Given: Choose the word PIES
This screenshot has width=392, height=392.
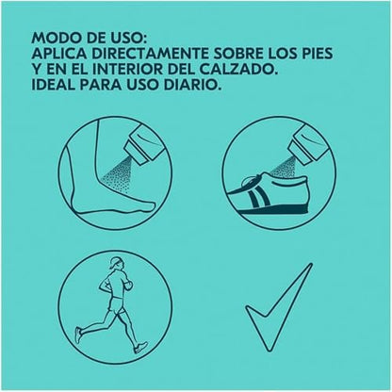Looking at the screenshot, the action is (316, 54).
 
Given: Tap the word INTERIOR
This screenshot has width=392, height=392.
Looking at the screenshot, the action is (127, 70).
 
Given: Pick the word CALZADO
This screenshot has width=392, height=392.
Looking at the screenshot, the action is (242, 70).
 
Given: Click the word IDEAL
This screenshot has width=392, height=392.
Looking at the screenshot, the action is (53, 85).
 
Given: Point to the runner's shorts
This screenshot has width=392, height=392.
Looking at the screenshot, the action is (115, 304).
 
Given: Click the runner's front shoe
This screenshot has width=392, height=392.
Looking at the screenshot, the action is (141, 348).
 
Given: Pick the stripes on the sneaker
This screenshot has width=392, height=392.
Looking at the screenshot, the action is (258, 199).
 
